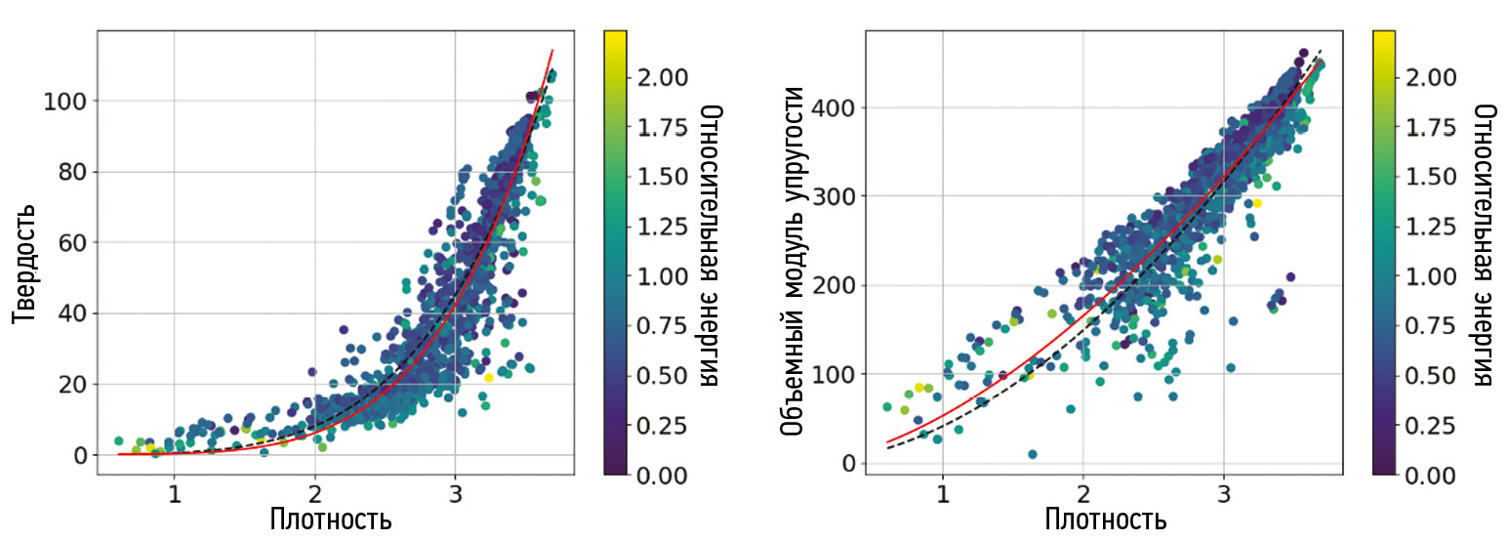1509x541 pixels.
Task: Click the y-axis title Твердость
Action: (x=26, y=264)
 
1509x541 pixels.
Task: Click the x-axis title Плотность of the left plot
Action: (x=331, y=519)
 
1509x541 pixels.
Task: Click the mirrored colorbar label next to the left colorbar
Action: (x=712, y=244)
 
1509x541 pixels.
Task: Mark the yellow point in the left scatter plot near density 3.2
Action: (x=489, y=377)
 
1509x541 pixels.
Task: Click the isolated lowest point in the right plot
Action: (x=1032, y=454)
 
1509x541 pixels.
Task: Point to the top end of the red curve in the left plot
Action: (x=552, y=51)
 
